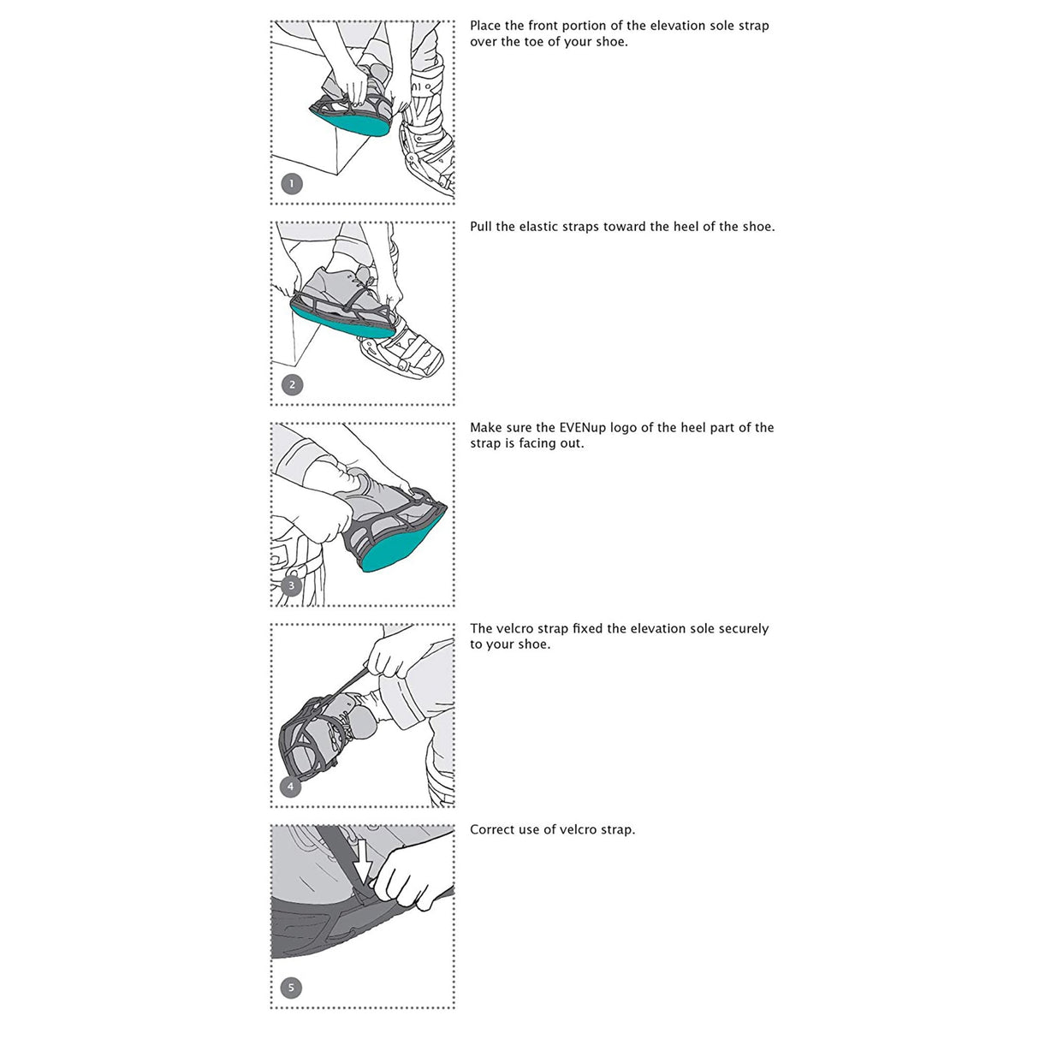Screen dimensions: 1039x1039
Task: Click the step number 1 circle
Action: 292,184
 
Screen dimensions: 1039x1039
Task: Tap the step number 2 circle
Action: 292,385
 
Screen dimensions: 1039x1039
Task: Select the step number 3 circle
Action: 292,586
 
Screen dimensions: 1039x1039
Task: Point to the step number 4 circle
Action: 291,787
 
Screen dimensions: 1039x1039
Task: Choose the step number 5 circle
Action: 291,988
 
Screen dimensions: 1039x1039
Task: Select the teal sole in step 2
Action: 342,323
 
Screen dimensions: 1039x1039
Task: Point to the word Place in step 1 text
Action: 486,26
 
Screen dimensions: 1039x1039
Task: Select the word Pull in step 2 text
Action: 481,227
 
